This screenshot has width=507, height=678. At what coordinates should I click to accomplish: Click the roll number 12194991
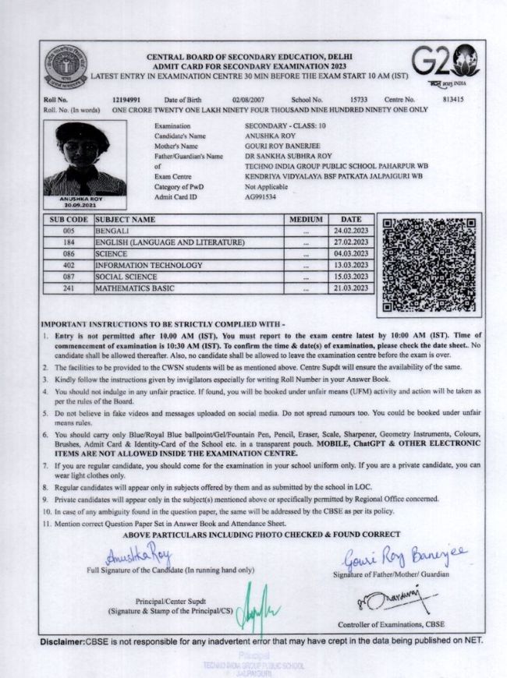pyautogui.click(x=125, y=100)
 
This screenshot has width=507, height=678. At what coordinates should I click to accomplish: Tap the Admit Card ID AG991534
pyautogui.click(x=261, y=198)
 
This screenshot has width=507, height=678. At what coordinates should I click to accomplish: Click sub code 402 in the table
pyautogui.click(x=68, y=265)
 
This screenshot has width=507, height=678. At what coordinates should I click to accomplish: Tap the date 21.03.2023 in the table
pyautogui.click(x=349, y=288)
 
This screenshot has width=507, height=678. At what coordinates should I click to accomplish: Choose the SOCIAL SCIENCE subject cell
pyautogui.click(x=129, y=277)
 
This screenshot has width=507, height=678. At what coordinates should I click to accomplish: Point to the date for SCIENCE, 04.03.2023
pyautogui.click(x=349, y=254)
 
